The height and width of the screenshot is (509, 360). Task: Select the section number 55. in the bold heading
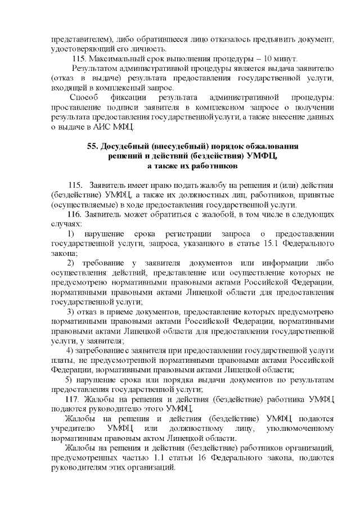[93, 146]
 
